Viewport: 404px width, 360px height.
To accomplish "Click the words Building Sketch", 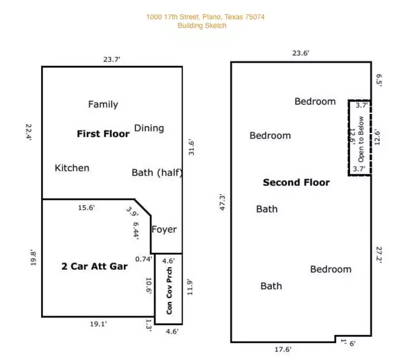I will click(x=202, y=26).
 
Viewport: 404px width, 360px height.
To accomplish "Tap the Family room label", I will click(x=103, y=104).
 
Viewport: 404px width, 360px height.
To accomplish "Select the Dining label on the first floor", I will click(x=149, y=128).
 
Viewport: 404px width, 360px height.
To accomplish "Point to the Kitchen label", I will click(x=72, y=168).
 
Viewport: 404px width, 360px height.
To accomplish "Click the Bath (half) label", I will click(x=157, y=173).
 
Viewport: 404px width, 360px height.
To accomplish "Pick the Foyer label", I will click(x=164, y=229).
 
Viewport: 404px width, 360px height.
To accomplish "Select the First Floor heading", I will click(x=103, y=134).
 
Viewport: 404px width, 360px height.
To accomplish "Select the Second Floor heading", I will click(x=296, y=183).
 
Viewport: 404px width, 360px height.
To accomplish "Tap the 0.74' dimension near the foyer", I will click(x=143, y=259).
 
